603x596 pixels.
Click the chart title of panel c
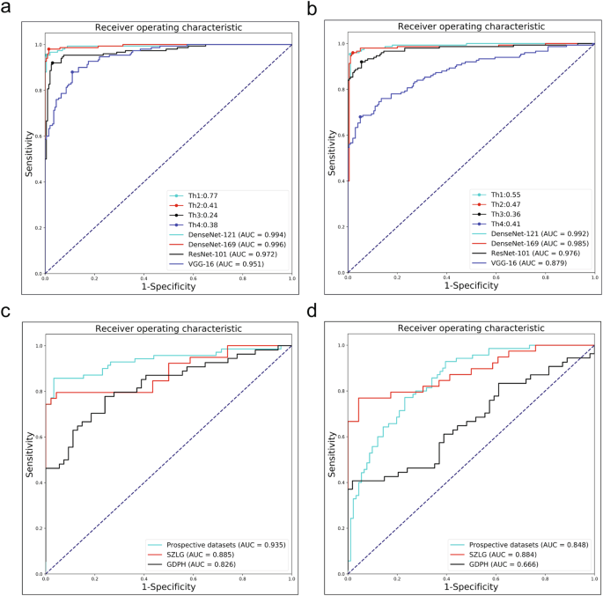[167, 328]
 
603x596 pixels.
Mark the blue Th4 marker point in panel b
[361, 116]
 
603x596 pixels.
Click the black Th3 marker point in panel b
[362, 62]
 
